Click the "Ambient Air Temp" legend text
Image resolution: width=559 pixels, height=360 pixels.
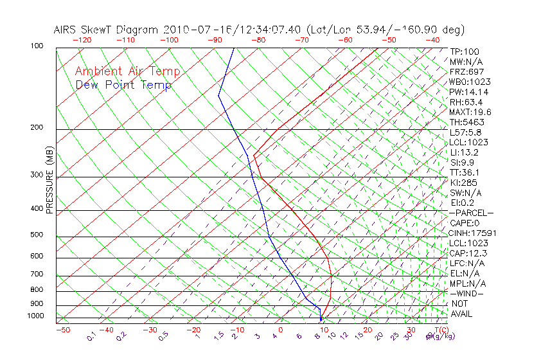(127, 71)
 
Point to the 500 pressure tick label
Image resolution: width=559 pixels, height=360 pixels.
(37, 235)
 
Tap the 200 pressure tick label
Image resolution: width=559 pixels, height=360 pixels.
(37, 128)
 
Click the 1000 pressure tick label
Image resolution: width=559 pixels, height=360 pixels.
(35, 316)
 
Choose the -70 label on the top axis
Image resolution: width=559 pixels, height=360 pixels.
(301, 40)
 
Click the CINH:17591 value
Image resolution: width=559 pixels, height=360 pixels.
(472, 233)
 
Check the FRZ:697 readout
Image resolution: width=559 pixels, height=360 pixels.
(467, 71)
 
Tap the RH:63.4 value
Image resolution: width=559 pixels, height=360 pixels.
(466, 102)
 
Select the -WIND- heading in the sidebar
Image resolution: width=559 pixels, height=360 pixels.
(467, 293)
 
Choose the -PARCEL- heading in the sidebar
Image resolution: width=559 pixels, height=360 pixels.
(472, 213)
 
